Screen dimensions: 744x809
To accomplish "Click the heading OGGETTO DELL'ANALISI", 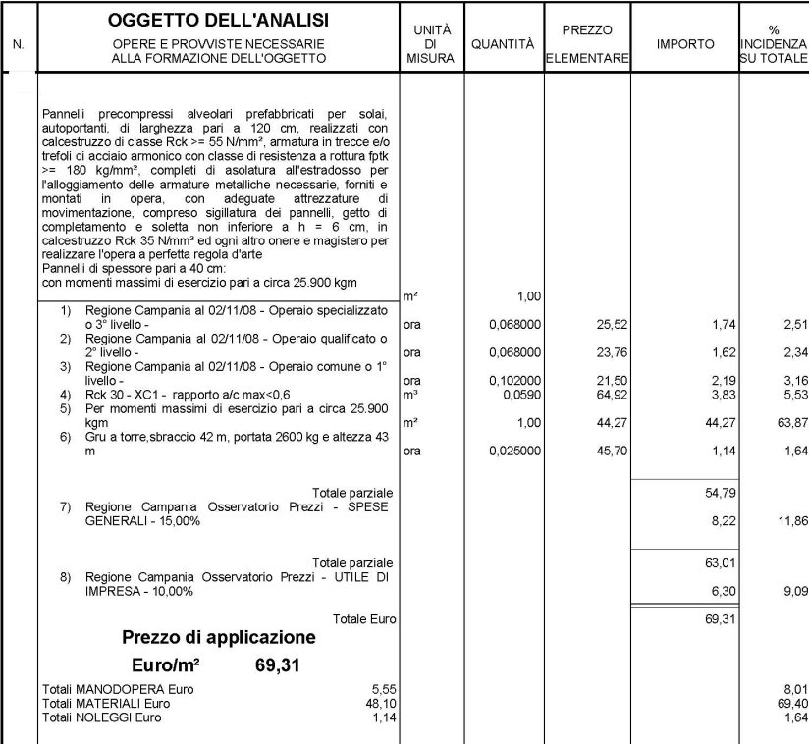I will [x=218, y=20].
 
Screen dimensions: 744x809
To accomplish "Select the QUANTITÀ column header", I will [x=503, y=45].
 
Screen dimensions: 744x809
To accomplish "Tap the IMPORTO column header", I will [x=684, y=45].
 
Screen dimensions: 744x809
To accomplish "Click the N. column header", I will [x=19, y=45].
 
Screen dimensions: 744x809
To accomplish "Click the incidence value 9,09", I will [x=792, y=592].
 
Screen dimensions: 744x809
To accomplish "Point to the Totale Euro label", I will [x=362, y=619].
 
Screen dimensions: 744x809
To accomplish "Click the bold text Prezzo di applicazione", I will [x=219, y=638].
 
